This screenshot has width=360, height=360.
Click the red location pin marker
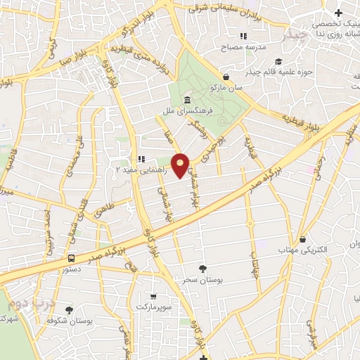tap(181, 165)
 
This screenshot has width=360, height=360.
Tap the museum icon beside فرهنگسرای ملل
tap(186, 99)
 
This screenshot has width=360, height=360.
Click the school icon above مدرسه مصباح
tap(243, 36)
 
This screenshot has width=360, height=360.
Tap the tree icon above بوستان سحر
tap(202, 268)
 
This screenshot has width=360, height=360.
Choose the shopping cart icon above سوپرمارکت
tap(153, 296)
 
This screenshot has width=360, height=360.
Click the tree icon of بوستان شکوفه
tap(68, 310)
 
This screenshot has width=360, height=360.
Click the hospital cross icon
tap(339, 13)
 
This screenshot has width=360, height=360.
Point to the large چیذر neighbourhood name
tap(293, 33)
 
